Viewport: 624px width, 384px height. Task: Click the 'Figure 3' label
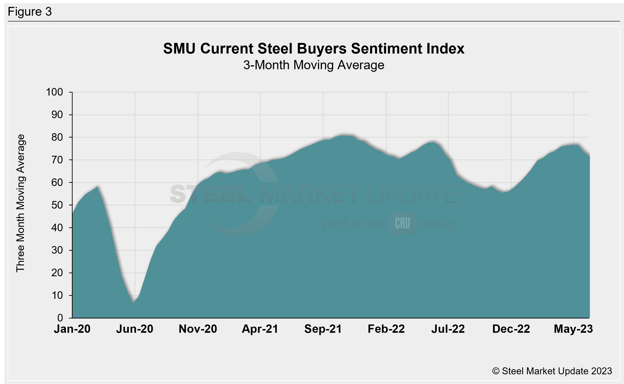pyautogui.click(x=30, y=12)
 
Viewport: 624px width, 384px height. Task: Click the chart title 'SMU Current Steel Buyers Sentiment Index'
pyautogui.click(x=314, y=48)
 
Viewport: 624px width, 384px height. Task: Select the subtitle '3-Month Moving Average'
pyautogui.click(x=314, y=65)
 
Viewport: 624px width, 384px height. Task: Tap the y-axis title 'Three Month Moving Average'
pyautogui.click(x=20, y=203)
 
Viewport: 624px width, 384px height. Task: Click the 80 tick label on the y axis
pyautogui.click(x=57, y=137)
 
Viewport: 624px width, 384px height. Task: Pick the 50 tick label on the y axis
pyautogui.click(x=57, y=205)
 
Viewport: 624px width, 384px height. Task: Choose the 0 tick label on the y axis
pyautogui.click(x=60, y=318)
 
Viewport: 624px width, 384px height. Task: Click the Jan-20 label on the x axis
pyautogui.click(x=72, y=329)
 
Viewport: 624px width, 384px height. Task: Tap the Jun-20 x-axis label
pyautogui.click(x=135, y=329)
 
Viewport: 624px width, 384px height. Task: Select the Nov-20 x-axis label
pyautogui.click(x=198, y=329)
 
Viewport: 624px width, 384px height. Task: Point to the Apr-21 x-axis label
pyautogui.click(x=260, y=329)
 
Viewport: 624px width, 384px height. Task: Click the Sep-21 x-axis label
pyautogui.click(x=323, y=329)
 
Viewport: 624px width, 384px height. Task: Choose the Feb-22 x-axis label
pyautogui.click(x=386, y=329)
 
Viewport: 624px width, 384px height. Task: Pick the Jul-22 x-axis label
pyautogui.click(x=448, y=329)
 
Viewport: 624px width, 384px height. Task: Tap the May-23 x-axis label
pyautogui.click(x=573, y=329)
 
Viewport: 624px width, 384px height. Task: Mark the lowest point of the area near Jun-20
pyautogui.click(x=133, y=303)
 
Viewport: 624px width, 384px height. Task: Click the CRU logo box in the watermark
pyautogui.click(x=402, y=223)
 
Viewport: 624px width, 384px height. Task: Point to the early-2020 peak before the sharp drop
pyautogui.click(x=97, y=187)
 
